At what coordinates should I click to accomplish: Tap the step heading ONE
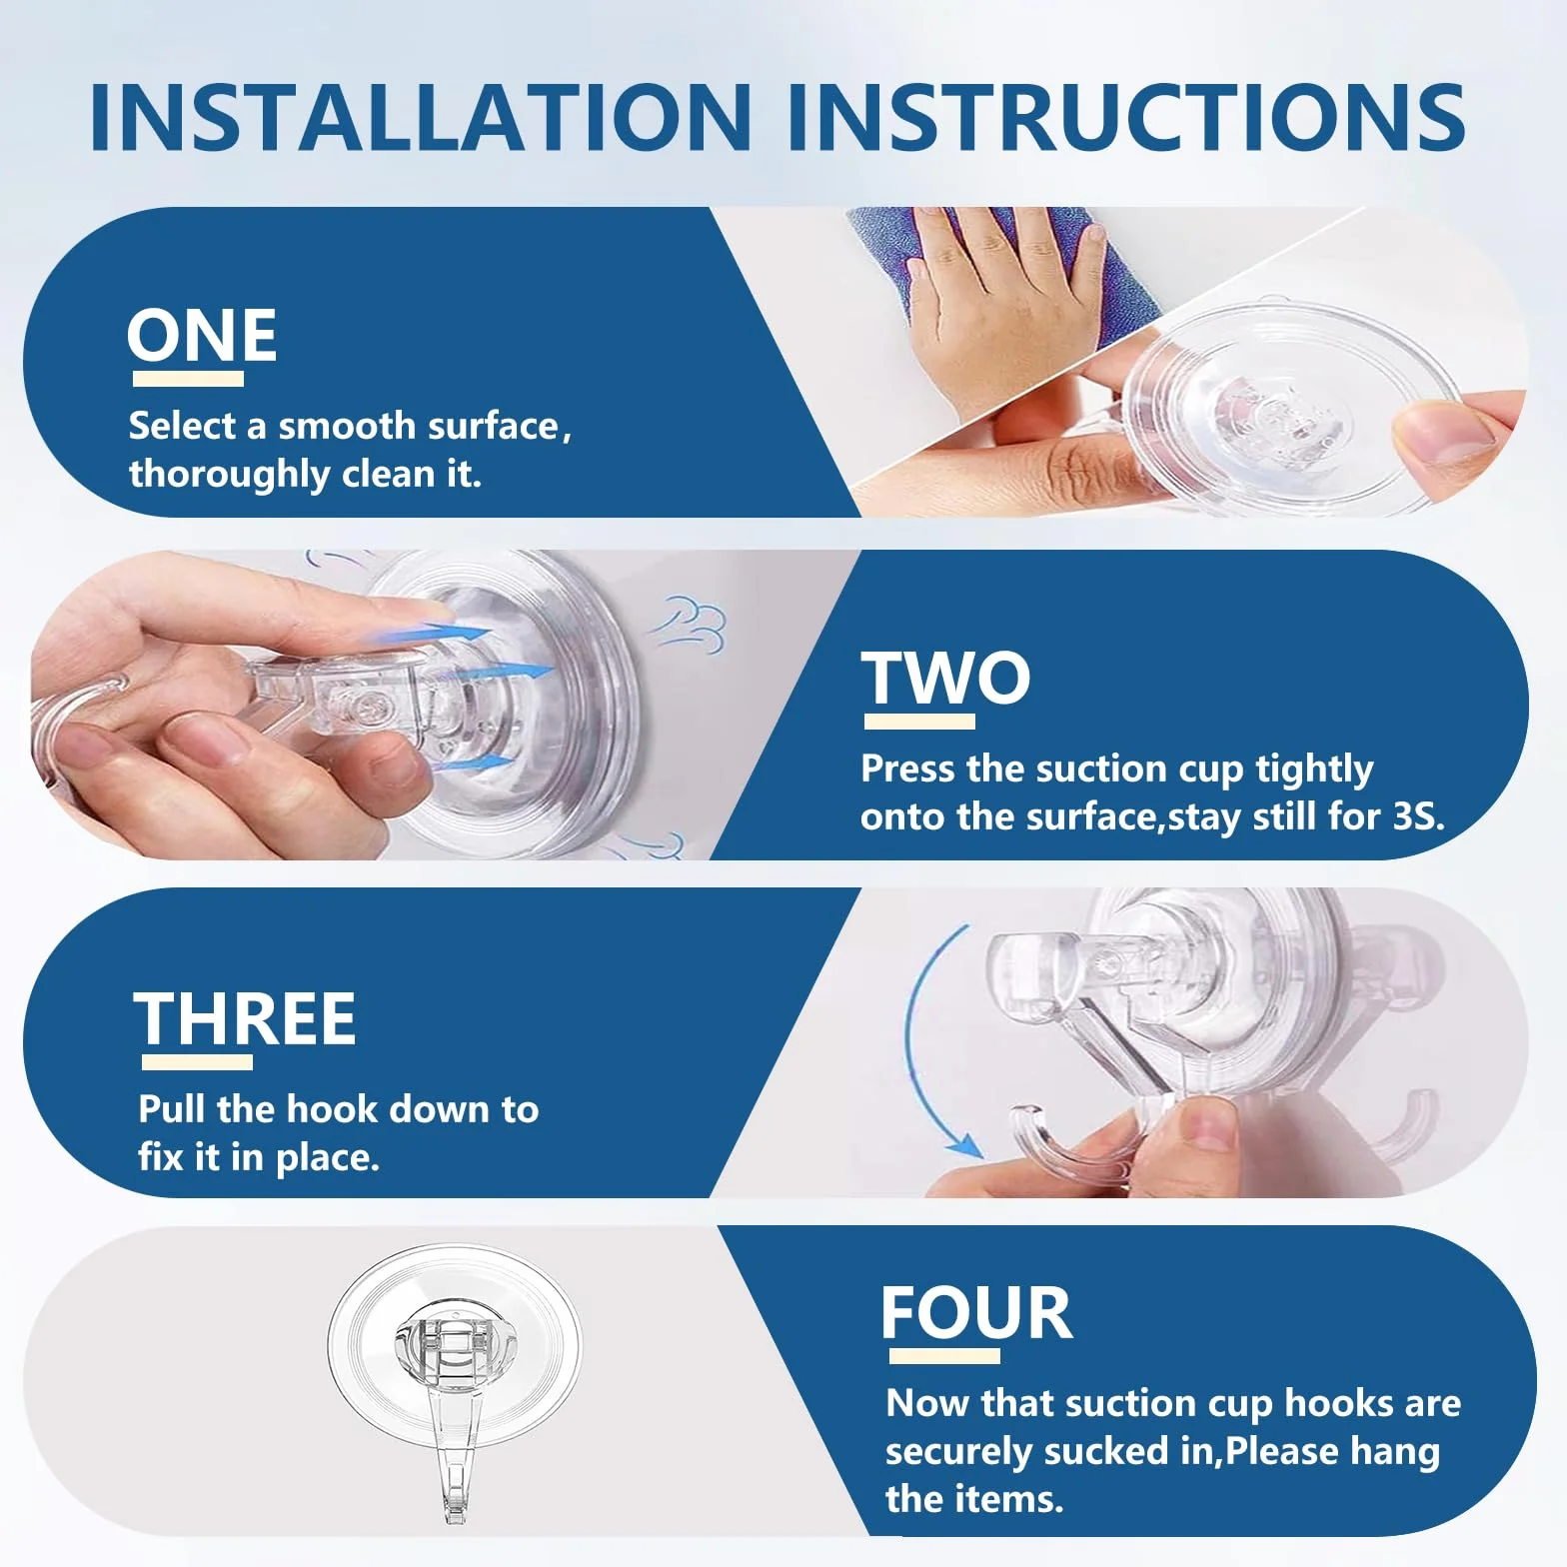202,336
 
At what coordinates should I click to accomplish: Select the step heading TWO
945,678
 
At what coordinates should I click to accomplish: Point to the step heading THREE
245,1019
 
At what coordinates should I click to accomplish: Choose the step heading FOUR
976,1313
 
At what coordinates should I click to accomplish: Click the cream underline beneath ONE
188,379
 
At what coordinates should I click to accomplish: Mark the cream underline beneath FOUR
944,1356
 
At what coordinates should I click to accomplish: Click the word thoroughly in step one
229,474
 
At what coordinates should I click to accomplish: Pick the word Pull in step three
173,1109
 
